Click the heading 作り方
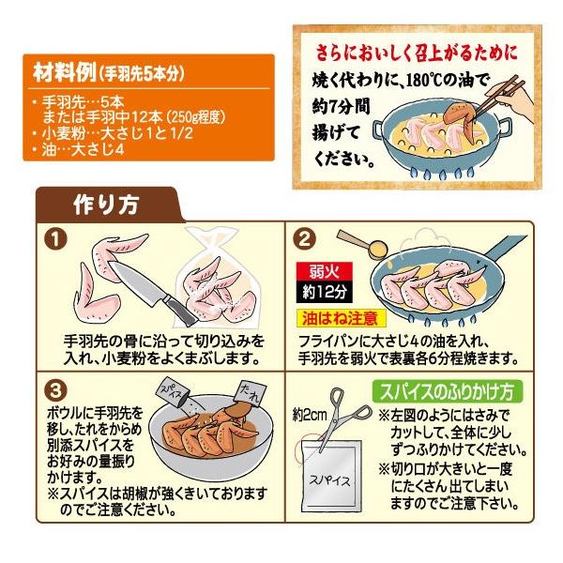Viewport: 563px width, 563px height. tap(105, 205)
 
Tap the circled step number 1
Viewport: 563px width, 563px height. tap(55, 239)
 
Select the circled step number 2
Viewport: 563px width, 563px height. tap(304, 239)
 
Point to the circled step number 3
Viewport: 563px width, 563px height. tap(55, 390)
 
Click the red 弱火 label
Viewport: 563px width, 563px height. tap(325, 271)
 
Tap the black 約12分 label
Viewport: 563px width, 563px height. tap(325, 291)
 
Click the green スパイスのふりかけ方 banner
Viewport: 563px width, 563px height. tap(447, 391)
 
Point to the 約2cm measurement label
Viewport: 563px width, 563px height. tap(310, 416)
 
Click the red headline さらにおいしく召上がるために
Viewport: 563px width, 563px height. tap(417, 53)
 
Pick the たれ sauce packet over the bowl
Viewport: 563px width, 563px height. tap(251, 393)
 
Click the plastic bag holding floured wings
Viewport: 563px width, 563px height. tap(213, 277)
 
